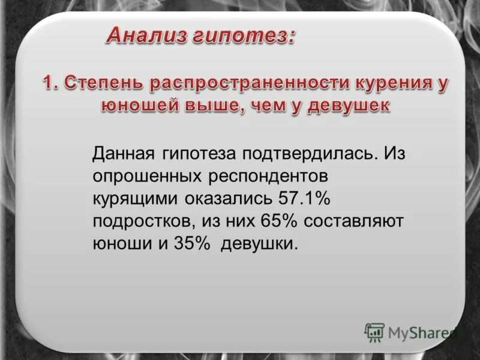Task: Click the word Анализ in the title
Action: coord(148,35)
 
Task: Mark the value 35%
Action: coord(194,244)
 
